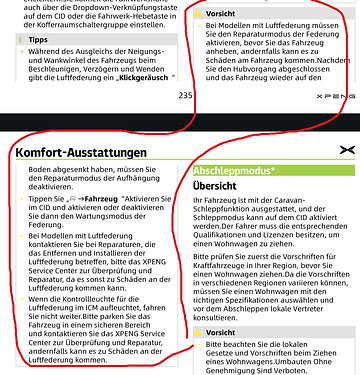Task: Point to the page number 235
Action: click(x=185, y=94)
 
